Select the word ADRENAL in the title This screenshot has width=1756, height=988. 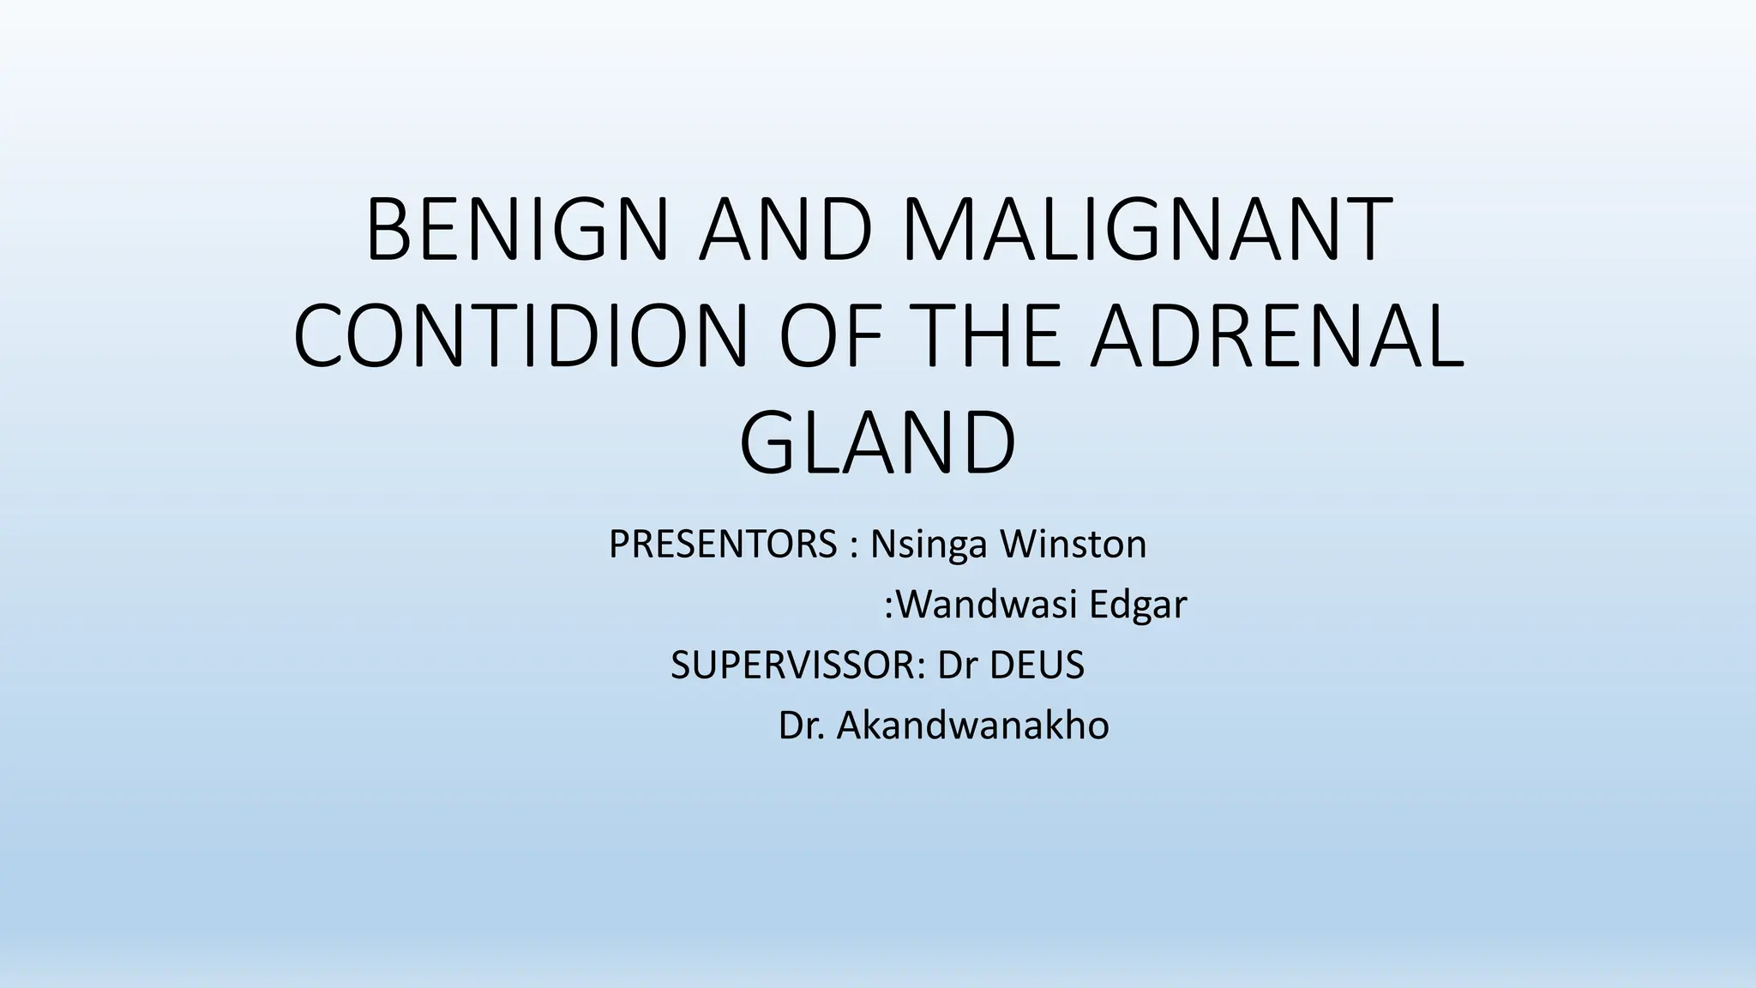[1277, 336]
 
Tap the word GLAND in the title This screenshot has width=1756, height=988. [877, 444]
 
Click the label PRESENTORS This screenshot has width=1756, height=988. [723, 545]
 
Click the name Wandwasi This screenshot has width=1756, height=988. [986, 605]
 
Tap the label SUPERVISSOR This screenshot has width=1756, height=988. [794, 666]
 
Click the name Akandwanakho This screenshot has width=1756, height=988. [972, 726]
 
